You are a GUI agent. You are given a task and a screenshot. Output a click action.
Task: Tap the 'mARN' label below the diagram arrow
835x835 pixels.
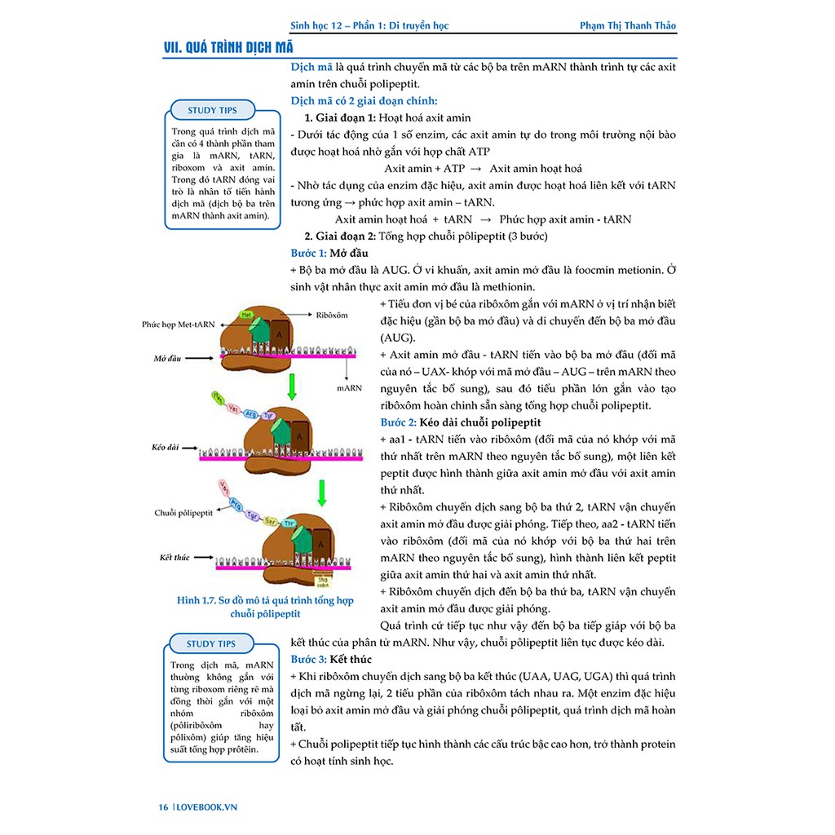click(x=349, y=388)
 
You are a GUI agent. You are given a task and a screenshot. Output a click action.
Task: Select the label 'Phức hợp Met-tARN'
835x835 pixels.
click(x=178, y=324)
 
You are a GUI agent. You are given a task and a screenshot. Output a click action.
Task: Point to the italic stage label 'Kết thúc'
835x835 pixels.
click(x=175, y=558)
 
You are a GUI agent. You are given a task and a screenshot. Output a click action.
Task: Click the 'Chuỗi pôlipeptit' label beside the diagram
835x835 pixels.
click(x=183, y=513)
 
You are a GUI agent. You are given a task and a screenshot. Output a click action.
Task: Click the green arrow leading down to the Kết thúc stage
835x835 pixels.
click(x=322, y=491)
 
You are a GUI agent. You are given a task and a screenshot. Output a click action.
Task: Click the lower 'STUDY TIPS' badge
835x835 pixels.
click(x=210, y=643)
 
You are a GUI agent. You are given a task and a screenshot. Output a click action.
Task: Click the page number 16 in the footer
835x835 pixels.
click(x=163, y=807)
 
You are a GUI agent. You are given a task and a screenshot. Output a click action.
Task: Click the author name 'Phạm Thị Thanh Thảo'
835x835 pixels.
click(x=627, y=25)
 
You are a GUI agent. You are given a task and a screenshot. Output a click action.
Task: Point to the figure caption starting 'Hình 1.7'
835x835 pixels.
click(x=265, y=607)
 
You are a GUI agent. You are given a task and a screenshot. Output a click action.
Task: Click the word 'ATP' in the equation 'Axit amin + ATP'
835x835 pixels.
click(x=451, y=169)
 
